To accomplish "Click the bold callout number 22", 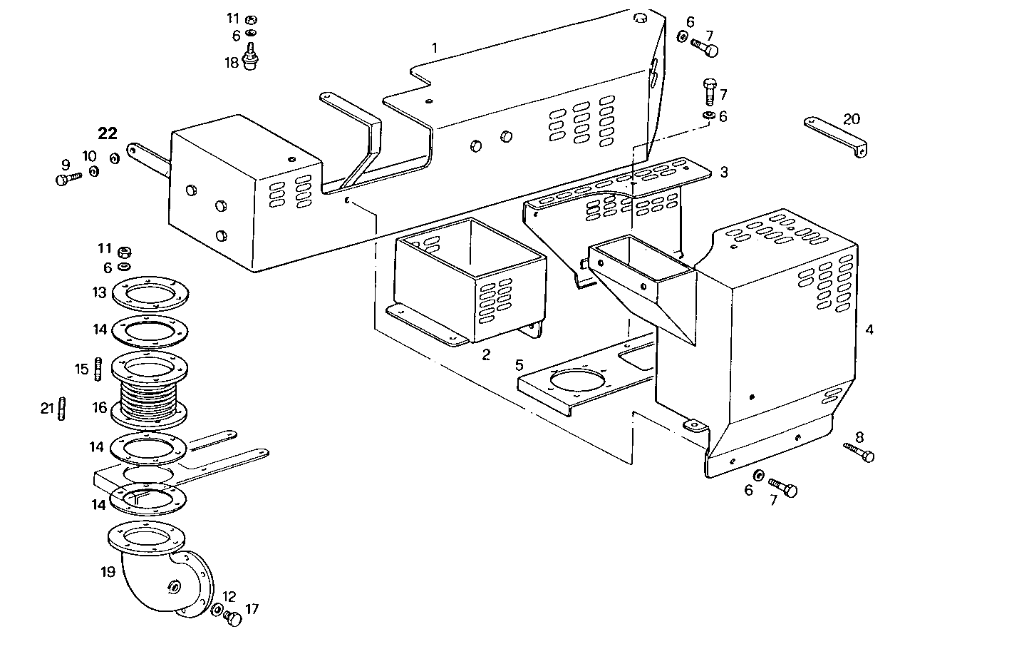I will point(108,134).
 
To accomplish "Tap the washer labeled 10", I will point(94,172).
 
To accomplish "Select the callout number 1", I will point(434,48).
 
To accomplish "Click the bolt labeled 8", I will point(859,452).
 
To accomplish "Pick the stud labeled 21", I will point(63,409).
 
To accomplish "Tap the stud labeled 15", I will point(98,368).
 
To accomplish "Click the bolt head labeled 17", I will point(233,619).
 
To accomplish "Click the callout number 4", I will point(869,330).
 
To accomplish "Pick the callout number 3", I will point(724,172).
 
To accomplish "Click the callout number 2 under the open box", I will point(486,354).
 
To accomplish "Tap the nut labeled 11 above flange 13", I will point(123,251).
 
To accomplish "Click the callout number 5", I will point(519,365).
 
